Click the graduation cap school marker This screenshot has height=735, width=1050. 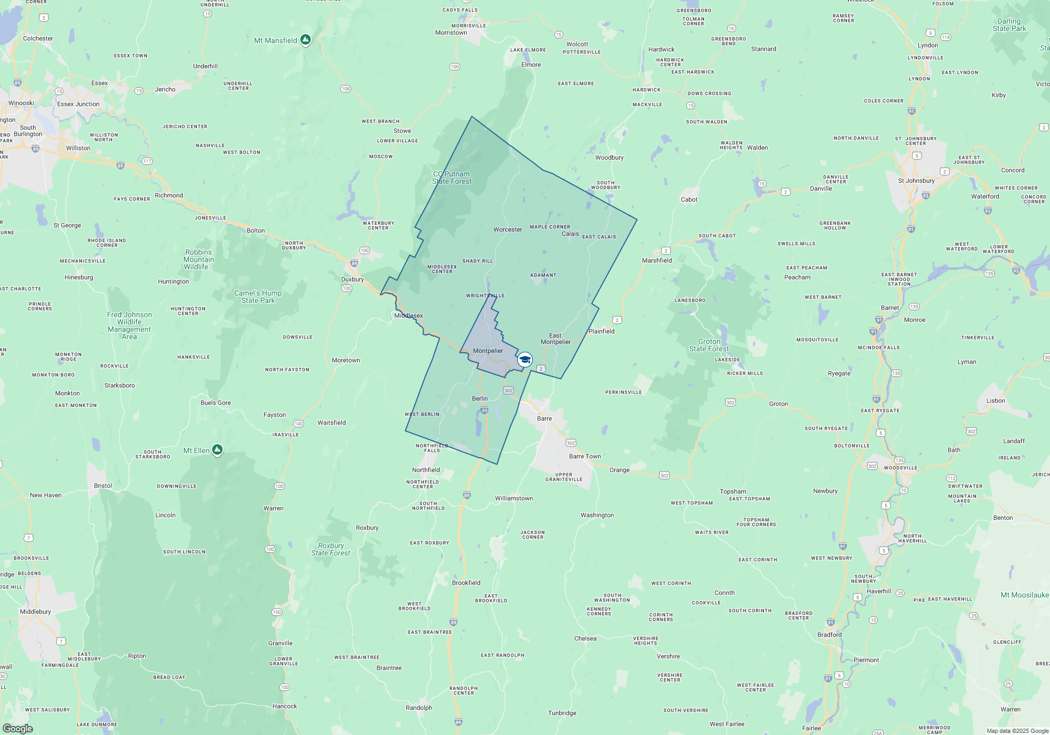pyautogui.click(x=524, y=360)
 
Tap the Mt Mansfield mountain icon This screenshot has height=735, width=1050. pyautogui.click(x=305, y=40)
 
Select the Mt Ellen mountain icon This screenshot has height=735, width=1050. pyautogui.click(x=217, y=450)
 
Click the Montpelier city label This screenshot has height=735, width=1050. pyautogui.click(x=488, y=351)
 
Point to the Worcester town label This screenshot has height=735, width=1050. pyautogui.click(x=508, y=229)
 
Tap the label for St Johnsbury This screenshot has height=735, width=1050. pyautogui.click(x=916, y=181)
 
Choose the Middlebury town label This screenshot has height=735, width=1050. pyautogui.click(x=36, y=612)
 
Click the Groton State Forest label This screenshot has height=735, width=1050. pyautogui.click(x=709, y=345)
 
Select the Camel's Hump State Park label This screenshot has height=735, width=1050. pyautogui.click(x=258, y=297)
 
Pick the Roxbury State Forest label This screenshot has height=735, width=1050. pyautogui.click(x=331, y=549)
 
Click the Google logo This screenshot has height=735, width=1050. pyautogui.click(x=17, y=728)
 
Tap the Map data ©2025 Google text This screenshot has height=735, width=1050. pyautogui.click(x=1017, y=731)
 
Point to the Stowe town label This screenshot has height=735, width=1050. pyautogui.click(x=402, y=131)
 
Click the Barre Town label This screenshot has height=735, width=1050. pyautogui.click(x=585, y=456)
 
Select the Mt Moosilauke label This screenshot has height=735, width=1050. pyautogui.click(x=1024, y=595)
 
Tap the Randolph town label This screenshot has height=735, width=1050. pyautogui.click(x=419, y=708)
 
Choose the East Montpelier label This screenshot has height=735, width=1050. pyautogui.click(x=555, y=339)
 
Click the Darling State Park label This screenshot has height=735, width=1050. pyautogui.click(x=1009, y=25)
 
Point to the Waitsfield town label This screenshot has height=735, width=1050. pyautogui.click(x=332, y=423)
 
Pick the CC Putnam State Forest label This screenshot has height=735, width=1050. pyautogui.click(x=451, y=177)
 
